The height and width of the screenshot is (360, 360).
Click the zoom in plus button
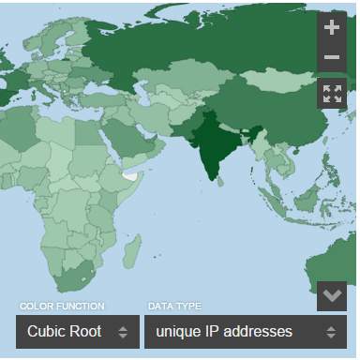(332, 27)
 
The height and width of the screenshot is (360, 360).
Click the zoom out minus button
(332, 58)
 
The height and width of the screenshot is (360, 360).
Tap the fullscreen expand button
(332, 93)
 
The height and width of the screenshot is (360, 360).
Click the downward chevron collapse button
(332, 295)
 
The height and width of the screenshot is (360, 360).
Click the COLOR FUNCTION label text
(62, 307)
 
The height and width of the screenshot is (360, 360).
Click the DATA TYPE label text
(174, 307)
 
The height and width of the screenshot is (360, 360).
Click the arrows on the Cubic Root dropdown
(122, 332)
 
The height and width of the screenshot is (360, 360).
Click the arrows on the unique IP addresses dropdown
(331, 332)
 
